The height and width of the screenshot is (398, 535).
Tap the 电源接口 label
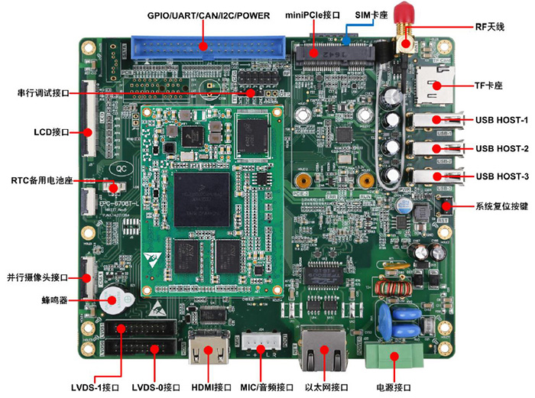pos(391,387)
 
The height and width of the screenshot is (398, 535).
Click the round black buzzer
pos(115,299)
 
